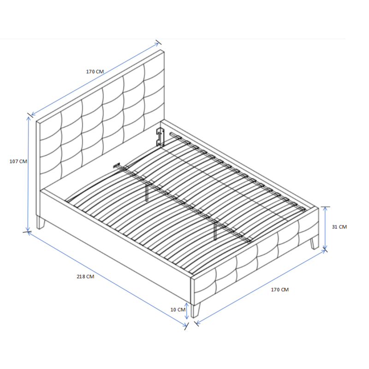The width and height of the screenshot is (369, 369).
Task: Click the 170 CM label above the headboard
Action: coord(95,72)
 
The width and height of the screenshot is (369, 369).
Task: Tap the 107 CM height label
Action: coord(18,161)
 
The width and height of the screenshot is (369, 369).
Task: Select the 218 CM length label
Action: coord(85,277)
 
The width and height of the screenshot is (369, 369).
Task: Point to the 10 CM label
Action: coord(177,309)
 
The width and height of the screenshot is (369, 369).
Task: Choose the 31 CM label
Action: coord(339,227)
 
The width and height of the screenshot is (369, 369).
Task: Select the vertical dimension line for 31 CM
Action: coord(325,228)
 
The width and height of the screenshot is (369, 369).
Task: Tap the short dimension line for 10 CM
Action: coord(187,312)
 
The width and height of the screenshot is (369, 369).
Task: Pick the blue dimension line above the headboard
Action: coord(95,78)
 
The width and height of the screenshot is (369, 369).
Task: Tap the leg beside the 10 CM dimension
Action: coord(197,309)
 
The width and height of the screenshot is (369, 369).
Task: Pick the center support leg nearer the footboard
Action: coord(215,232)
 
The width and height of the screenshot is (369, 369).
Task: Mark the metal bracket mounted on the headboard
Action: coord(160,137)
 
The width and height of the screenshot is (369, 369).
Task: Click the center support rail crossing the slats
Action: coord(184,203)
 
